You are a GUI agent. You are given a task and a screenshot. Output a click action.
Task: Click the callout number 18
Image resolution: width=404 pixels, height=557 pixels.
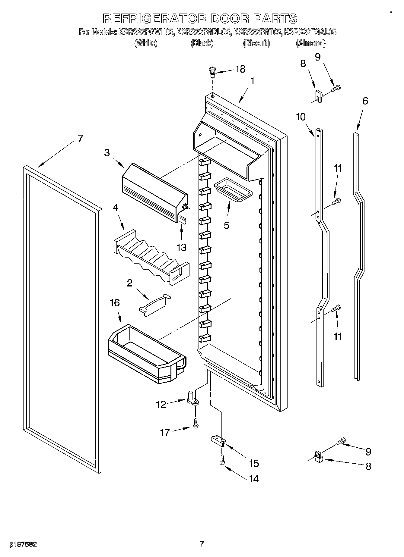coord(240,69)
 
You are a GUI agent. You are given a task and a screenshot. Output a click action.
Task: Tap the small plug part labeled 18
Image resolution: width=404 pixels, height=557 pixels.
coord(212,71)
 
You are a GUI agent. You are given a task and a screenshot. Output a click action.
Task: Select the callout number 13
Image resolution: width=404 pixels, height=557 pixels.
coord(181,247)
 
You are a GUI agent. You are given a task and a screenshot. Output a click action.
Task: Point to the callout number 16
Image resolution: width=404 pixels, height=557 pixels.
coord(115,303)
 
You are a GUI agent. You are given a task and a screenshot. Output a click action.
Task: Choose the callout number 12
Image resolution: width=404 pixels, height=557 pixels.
coord(161,404)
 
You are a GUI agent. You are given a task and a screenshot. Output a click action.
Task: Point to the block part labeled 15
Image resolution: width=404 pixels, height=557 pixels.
coord(218,441)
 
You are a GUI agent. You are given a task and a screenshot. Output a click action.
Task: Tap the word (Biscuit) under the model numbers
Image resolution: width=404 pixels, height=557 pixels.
coord(256,43)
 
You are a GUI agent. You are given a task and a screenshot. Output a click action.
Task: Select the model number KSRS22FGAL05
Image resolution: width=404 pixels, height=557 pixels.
coord(310,32)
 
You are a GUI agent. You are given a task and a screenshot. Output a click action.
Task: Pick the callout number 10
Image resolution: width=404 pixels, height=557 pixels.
coord(301,117)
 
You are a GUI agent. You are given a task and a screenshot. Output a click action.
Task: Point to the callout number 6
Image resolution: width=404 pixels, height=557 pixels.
coord(365,101)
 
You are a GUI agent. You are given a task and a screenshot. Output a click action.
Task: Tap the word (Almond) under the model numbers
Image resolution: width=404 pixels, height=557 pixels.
coord(311,43)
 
